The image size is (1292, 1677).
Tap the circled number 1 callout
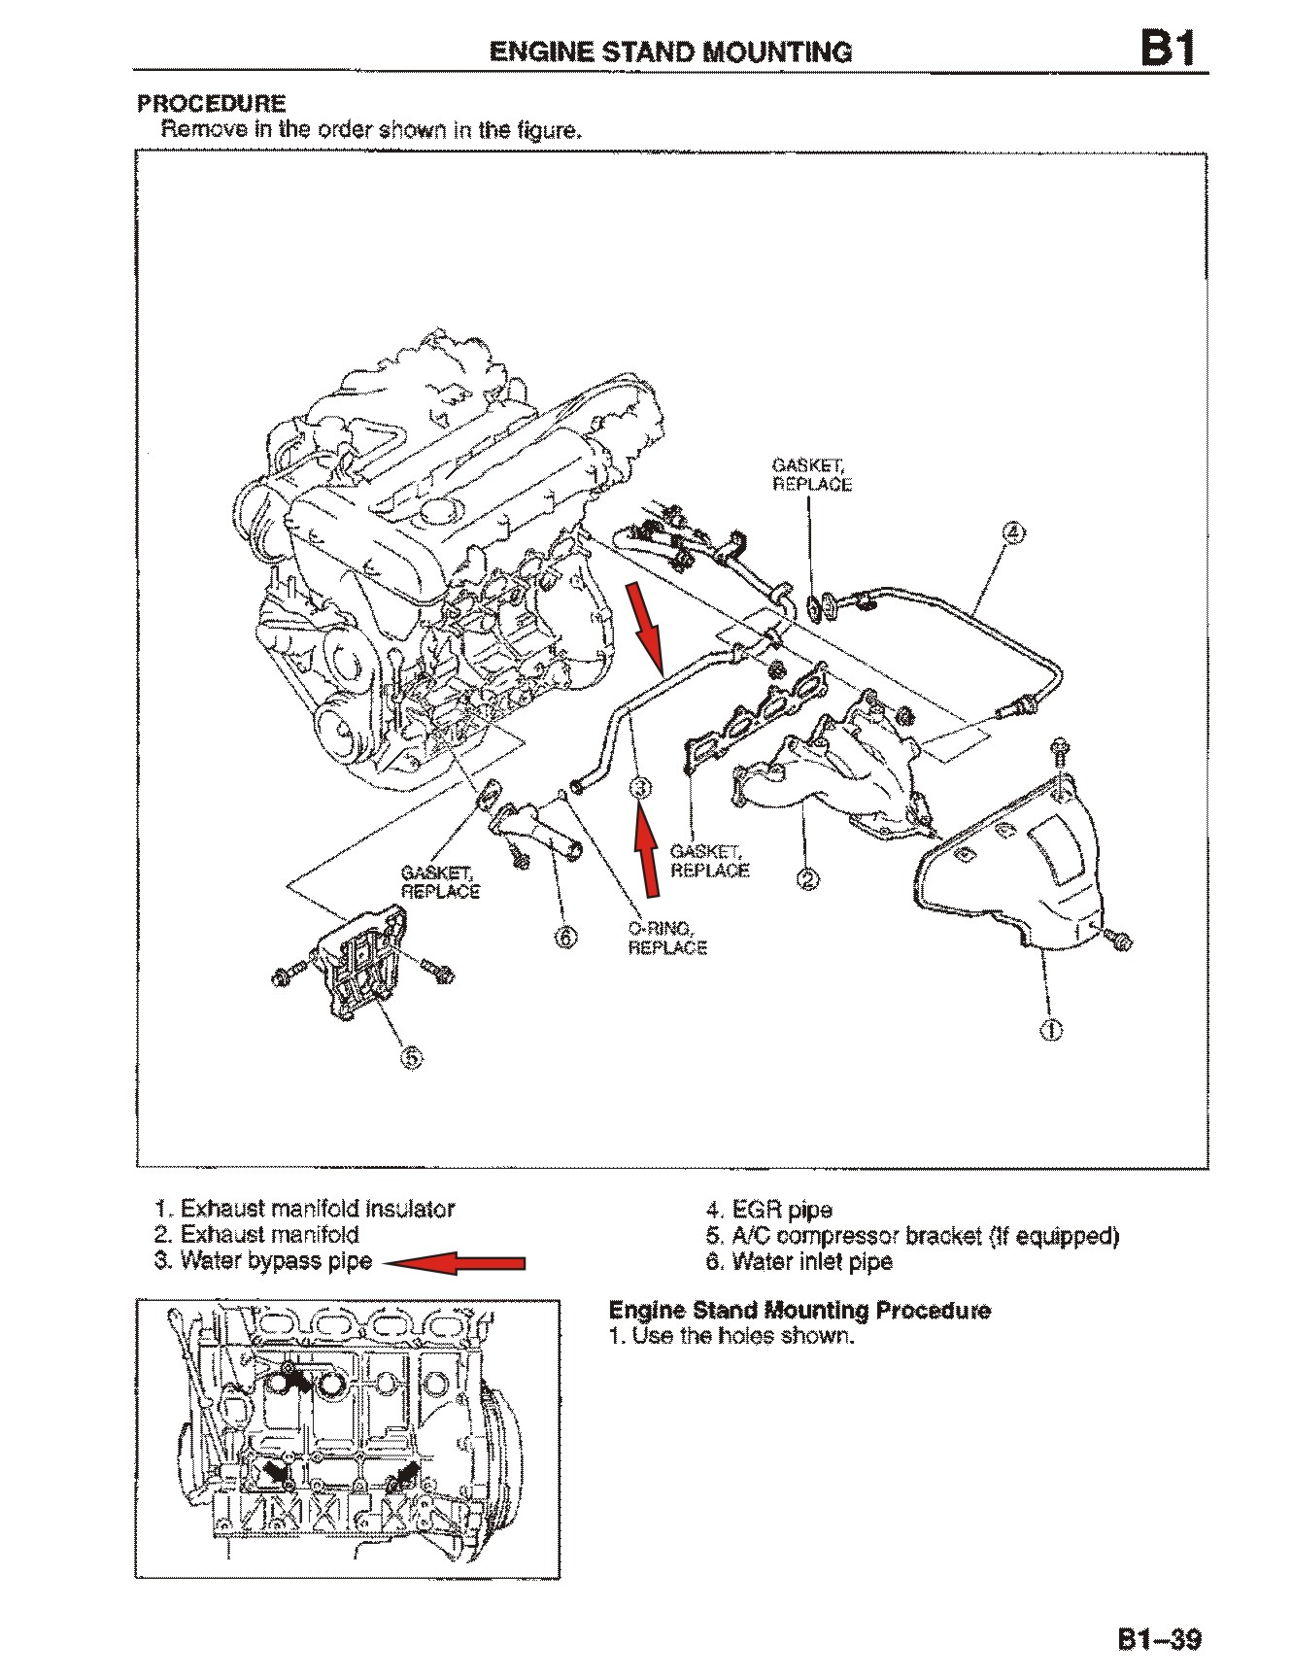coord(1051,1030)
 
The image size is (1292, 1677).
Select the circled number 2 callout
coord(807,880)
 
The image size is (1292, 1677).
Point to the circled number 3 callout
coord(640,787)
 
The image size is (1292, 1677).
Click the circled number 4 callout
coord(1012,531)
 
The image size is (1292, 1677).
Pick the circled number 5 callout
coord(412,1057)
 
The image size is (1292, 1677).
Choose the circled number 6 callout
coord(565,937)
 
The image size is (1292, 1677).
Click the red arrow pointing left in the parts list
coord(454,1263)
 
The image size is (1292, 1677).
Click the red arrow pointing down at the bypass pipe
coord(647,627)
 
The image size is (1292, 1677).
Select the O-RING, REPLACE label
coord(666,938)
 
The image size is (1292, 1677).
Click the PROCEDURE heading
coord(212,103)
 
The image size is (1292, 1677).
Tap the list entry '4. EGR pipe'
coord(768,1210)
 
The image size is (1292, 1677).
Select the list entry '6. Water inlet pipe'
coord(799,1262)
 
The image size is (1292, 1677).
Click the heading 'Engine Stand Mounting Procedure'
coord(799,1310)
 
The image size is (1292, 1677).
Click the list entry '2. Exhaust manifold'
coord(256,1235)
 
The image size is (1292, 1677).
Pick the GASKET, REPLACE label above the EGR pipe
coord(811,475)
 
